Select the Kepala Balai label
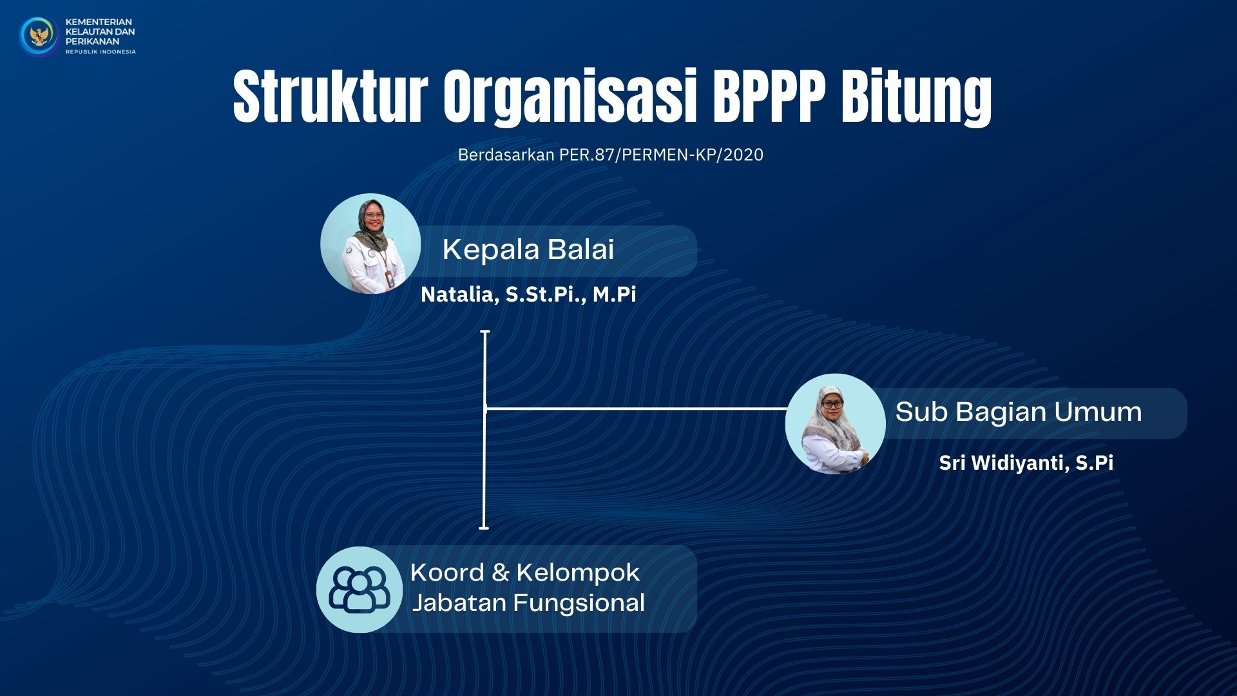pos(528,250)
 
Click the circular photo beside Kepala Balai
pos(370,244)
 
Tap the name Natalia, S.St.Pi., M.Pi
pos(528,295)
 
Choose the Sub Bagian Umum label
pos(1019,412)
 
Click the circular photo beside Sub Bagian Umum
pos(836,424)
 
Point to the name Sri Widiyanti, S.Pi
pos(1026,463)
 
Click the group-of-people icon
pos(360,589)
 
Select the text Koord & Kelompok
pos(524,572)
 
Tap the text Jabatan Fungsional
pos(528,603)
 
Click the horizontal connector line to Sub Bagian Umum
pos(637,409)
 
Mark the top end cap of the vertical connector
pos(485,332)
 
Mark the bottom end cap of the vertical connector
pos(484,528)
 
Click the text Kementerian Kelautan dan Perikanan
pos(100,32)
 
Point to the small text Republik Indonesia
pos(101,52)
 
